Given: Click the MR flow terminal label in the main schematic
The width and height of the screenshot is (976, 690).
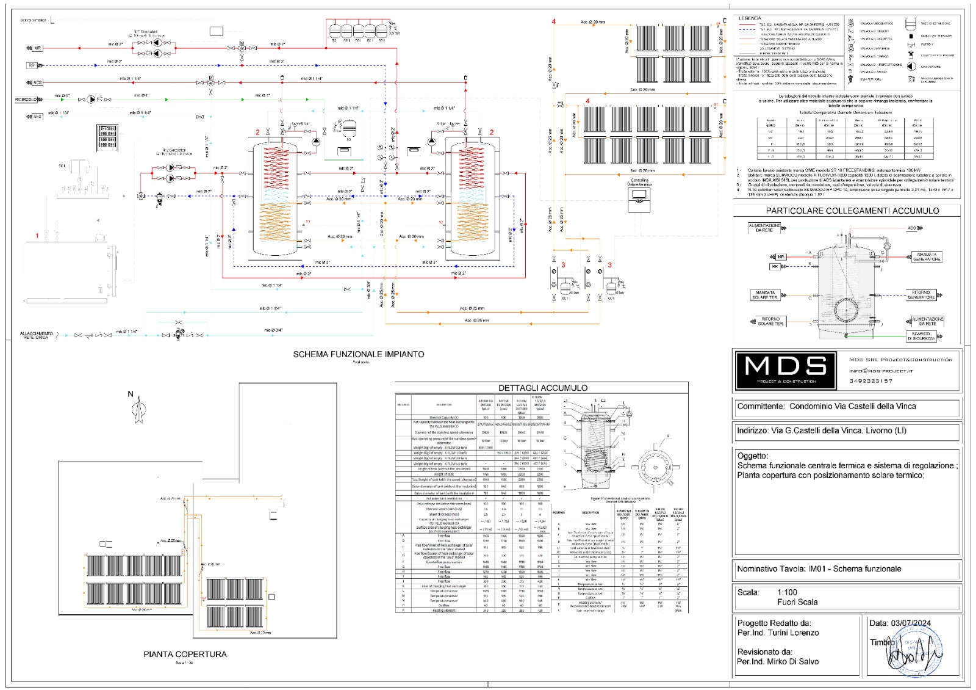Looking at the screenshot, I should (x=37, y=48).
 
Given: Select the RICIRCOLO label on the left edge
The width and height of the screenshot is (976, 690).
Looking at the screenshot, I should (x=26, y=99).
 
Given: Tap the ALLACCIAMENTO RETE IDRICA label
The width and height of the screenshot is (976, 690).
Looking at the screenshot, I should (x=37, y=335).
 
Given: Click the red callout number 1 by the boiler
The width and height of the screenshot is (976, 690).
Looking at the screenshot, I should (x=37, y=236).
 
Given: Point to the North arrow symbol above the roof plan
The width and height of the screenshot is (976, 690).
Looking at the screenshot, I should (x=140, y=409).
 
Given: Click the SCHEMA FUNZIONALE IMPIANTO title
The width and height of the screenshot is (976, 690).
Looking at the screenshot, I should (x=358, y=354).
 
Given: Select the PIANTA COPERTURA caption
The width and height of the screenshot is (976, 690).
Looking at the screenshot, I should (x=185, y=654).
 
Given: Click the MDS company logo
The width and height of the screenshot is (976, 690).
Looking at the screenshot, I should (x=786, y=370).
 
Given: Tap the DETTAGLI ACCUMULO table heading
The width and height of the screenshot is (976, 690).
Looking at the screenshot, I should (x=542, y=388).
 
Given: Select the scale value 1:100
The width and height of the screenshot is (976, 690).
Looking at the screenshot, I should (x=787, y=592).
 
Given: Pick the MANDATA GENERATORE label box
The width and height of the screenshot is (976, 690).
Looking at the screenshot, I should (x=926, y=256).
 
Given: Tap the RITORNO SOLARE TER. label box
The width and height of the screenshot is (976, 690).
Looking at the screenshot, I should (x=770, y=321).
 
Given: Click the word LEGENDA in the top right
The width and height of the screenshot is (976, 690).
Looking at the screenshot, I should (x=750, y=18).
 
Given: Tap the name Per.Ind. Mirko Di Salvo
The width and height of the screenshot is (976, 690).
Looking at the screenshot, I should (x=778, y=661).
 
